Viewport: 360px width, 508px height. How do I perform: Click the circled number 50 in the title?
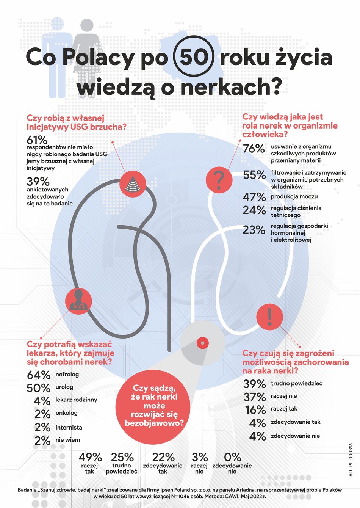point(194,57)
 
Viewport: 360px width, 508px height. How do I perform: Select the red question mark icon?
point(219,180)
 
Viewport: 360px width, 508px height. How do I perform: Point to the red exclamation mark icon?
point(269,316)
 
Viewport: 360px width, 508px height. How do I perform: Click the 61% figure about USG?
point(37,140)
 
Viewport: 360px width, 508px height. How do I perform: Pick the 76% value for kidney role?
point(254,149)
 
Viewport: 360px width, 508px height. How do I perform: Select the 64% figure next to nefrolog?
point(39,375)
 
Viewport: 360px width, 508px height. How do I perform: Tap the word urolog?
point(64,387)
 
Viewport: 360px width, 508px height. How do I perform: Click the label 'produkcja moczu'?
point(294,196)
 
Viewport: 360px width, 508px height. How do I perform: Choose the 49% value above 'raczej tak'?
point(90,457)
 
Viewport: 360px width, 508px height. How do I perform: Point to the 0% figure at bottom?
point(232,457)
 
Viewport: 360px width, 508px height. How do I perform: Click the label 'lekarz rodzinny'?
point(76,400)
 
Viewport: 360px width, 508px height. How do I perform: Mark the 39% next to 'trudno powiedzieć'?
point(254,384)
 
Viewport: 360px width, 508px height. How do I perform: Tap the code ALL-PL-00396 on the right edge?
point(351,460)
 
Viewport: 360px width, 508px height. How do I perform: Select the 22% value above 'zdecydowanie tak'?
point(163,457)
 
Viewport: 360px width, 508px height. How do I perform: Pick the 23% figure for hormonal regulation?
point(254,230)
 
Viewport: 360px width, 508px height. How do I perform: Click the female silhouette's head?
point(87,25)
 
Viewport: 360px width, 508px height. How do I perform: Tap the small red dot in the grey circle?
point(203,343)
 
